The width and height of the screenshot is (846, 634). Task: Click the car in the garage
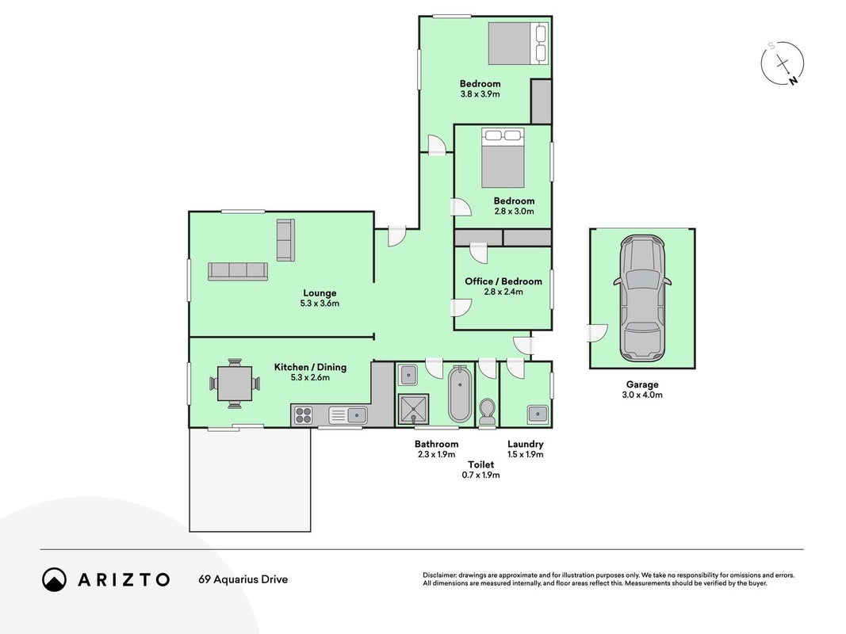point(642,298)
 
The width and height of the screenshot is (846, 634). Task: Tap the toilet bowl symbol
point(487,412)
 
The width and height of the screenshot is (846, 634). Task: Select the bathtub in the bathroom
point(460,394)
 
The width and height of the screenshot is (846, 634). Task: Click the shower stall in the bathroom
point(414,410)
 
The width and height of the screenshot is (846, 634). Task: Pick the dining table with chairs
point(235,384)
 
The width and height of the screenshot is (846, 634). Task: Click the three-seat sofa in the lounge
point(238,271)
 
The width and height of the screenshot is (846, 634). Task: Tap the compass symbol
point(783,63)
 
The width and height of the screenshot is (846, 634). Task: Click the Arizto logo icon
point(54,579)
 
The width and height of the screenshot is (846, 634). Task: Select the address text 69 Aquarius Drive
point(243,579)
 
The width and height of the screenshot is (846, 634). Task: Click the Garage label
point(642,384)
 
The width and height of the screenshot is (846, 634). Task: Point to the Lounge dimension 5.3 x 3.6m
point(320,304)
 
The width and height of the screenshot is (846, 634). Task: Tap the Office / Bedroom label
point(503,281)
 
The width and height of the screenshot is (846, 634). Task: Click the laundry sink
point(538,414)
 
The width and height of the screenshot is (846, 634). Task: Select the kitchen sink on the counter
point(357,415)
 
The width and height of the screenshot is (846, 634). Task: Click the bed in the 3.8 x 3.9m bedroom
point(518,43)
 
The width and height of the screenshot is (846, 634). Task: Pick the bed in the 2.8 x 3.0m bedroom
point(503,158)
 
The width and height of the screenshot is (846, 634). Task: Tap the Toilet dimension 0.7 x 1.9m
point(480,475)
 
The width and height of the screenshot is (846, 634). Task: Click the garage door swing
point(597,333)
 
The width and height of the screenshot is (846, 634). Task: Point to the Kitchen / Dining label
point(310,367)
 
